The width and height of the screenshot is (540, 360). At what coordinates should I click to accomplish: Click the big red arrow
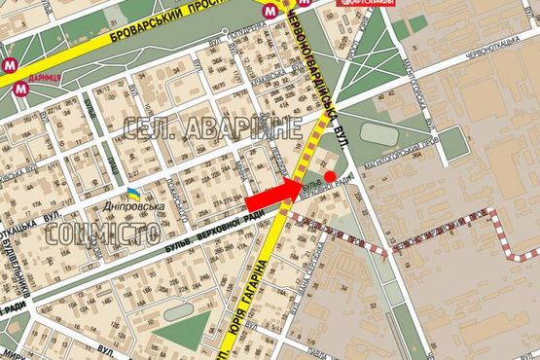277,196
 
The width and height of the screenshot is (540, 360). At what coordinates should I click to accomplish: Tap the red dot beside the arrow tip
330,176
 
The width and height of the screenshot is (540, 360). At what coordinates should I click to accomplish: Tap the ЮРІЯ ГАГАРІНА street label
249,297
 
